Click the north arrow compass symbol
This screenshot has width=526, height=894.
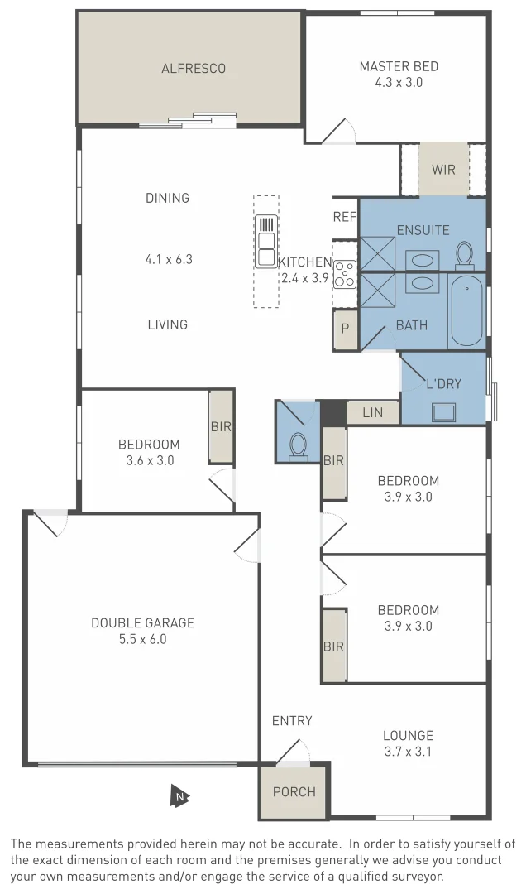(x=179, y=796)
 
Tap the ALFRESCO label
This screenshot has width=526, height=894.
(x=193, y=69)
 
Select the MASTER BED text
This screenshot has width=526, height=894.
(x=399, y=66)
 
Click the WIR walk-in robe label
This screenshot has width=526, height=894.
(x=443, y=170)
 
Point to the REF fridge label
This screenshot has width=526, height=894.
(x=344, y=217)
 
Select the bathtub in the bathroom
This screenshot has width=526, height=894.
(x=466, y=310)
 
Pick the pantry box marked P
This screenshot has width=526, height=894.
(x=345, y=329)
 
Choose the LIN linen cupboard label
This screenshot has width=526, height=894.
(x=373, y=411)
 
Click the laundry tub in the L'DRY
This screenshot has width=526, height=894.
(x=444, y=411)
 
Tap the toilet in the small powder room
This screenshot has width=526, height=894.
(x=298, y=445)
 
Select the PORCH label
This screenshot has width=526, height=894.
(x=294, y=791)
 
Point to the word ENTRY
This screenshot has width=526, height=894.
(x=292, y=721)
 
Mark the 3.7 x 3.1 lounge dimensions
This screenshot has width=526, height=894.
(x=408, y=752)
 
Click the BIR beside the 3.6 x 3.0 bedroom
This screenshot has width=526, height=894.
(x=221, y=427)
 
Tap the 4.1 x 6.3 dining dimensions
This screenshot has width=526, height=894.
(x=168, y=259)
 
